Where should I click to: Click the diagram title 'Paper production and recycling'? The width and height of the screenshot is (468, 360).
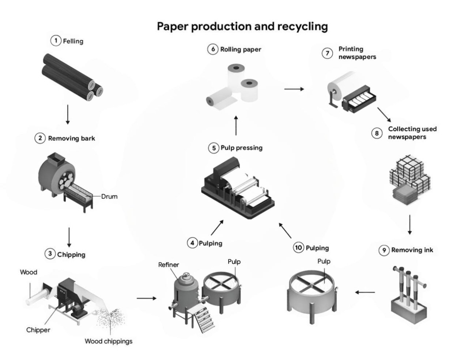coord(242,27)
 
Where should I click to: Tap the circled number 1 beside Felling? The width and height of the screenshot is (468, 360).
coord(56,41)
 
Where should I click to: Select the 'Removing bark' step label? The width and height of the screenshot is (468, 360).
coord(72,139)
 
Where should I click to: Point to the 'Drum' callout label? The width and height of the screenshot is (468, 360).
coord(109,197)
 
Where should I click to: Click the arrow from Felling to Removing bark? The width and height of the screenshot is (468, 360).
coord(68,114)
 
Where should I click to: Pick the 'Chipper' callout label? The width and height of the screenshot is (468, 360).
coord(38,330)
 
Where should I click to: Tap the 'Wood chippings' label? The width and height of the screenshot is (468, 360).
coord(109,341)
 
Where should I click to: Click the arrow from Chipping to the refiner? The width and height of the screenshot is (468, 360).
coord(147,298)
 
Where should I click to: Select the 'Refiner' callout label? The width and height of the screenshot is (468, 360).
coord(169,265)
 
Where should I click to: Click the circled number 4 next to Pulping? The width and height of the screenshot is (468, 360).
coord(192,243)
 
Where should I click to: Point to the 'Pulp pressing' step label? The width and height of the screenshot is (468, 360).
coord(241,148)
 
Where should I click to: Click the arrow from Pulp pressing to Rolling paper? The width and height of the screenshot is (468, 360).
coord(236,126)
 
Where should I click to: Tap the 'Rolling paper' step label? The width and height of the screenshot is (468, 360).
coord(241,49)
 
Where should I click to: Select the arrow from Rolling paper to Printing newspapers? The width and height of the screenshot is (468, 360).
coord(294,89)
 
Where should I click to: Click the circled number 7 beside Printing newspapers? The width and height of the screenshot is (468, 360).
coord(327,53)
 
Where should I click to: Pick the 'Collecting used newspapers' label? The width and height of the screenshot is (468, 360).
coord(412,133)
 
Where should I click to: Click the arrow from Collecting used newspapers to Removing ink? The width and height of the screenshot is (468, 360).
coord(409,225)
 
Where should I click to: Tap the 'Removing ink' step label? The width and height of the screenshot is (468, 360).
coord(412,250)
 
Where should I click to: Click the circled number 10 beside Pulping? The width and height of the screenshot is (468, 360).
coord(298,247)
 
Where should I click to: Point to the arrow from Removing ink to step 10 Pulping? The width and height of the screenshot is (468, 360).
coord(365,292)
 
